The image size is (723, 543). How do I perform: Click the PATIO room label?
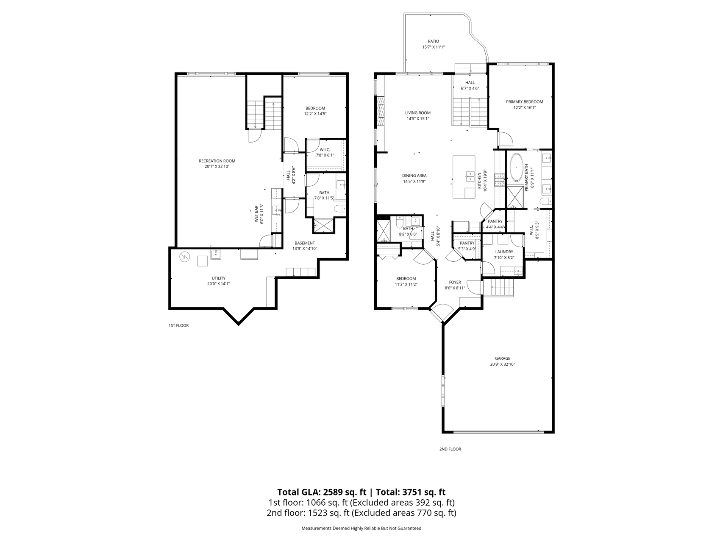tap(433, 41)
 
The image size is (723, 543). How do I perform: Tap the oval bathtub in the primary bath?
tap(516, 168)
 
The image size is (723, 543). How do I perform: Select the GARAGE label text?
tap(502, 358)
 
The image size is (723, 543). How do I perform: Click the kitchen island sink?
tap(470, 176)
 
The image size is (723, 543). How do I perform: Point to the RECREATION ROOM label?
tap(217, 161)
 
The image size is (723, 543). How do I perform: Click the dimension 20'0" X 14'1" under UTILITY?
tap(219, 284)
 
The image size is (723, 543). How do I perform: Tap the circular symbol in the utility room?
tap(184, 257)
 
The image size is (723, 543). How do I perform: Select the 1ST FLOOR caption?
tap(178, 326)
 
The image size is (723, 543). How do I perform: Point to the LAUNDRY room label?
tap(504, 252)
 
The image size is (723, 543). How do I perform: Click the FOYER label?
tap(455, 282)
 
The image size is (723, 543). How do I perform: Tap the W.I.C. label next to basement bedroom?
tap(325, 149)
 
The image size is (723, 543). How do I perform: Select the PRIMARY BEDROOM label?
tap(524, 102)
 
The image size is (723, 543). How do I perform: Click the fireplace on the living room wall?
tap(380, 111)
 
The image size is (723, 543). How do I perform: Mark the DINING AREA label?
tap(414, 175)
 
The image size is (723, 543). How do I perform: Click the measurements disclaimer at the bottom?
tap(361, 529)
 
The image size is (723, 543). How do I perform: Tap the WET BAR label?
tap(256, 214)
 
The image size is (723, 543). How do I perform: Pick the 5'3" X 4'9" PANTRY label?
tap(467, 243)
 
